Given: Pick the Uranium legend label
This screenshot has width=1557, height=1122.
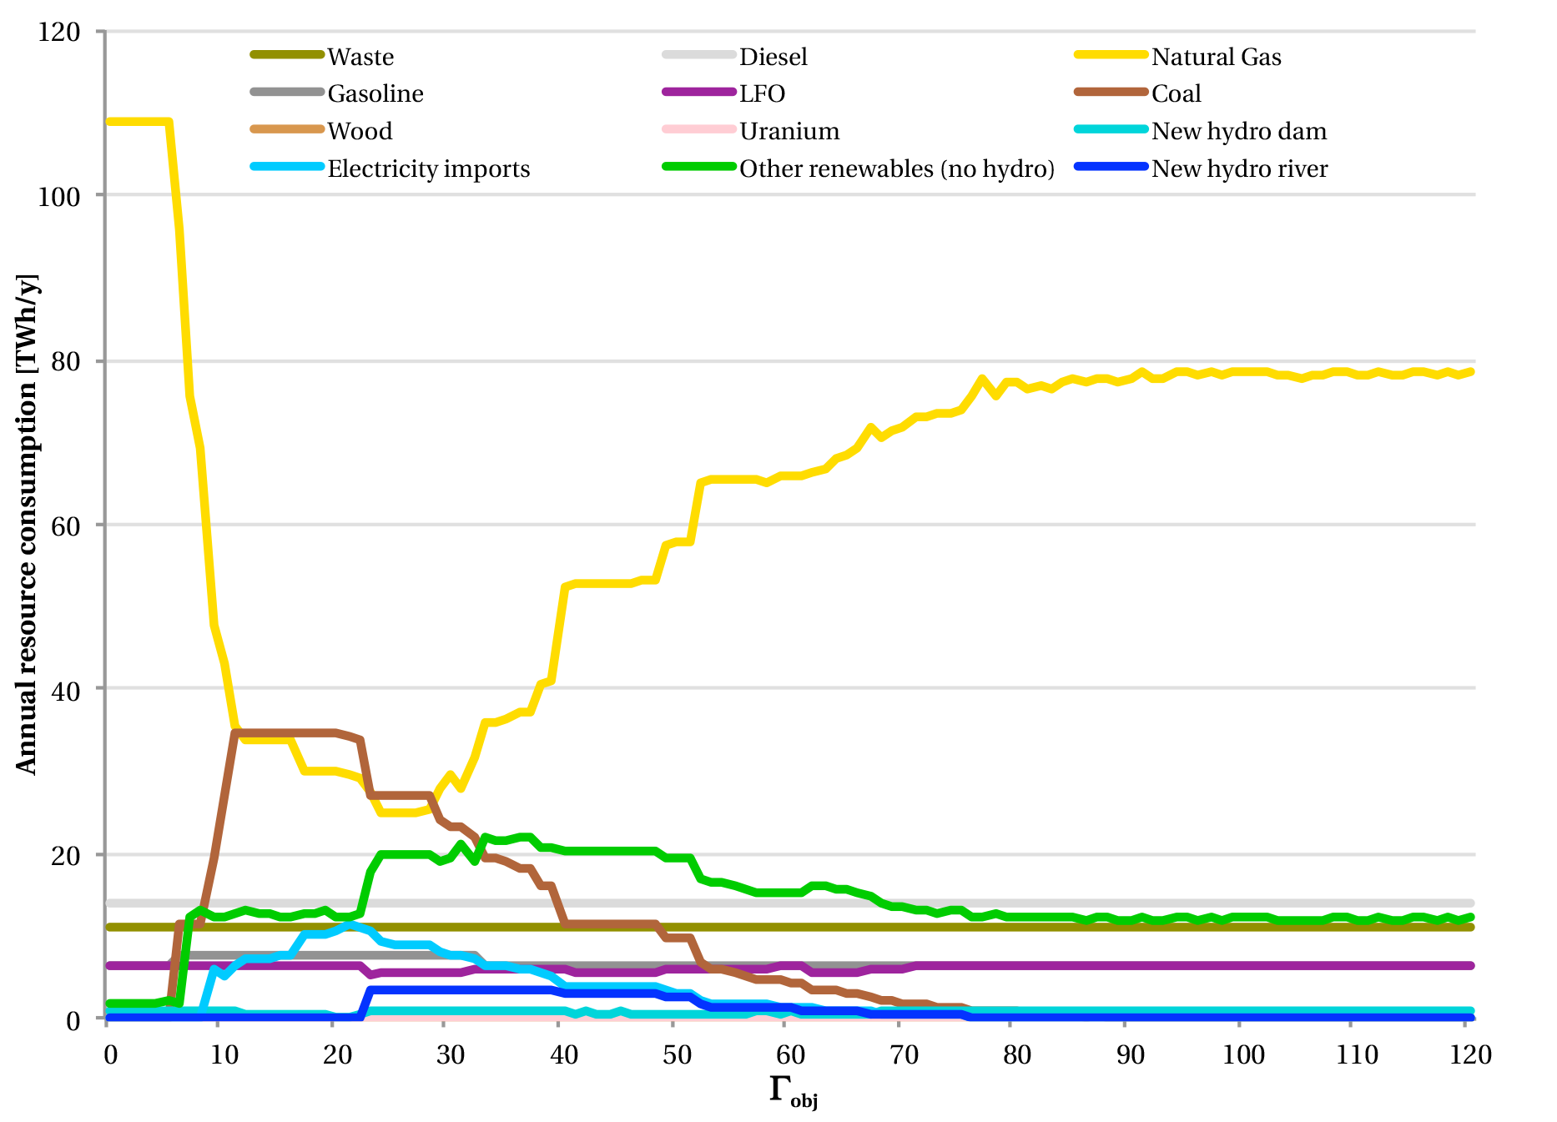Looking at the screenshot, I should coord(789,131).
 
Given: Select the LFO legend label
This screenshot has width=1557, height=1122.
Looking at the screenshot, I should coord(762,93).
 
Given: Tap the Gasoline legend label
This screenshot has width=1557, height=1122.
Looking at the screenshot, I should coord(375,93).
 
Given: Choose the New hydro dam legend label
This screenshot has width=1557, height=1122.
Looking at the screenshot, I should coord(1238,131).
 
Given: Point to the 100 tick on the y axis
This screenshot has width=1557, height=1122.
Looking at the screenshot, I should coord(59,197).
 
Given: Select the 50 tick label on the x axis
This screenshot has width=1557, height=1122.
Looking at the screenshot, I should coord(678,1055).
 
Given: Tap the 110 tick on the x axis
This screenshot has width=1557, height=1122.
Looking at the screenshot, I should coord(1357,1055).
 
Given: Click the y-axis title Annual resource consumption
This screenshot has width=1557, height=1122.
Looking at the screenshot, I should coord(27,524).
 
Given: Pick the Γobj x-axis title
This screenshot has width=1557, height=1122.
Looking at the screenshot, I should coord(792,1091).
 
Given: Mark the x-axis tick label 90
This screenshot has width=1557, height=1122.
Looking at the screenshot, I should coord(1131,1055).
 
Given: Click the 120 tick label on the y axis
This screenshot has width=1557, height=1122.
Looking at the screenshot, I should coord(59,33).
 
